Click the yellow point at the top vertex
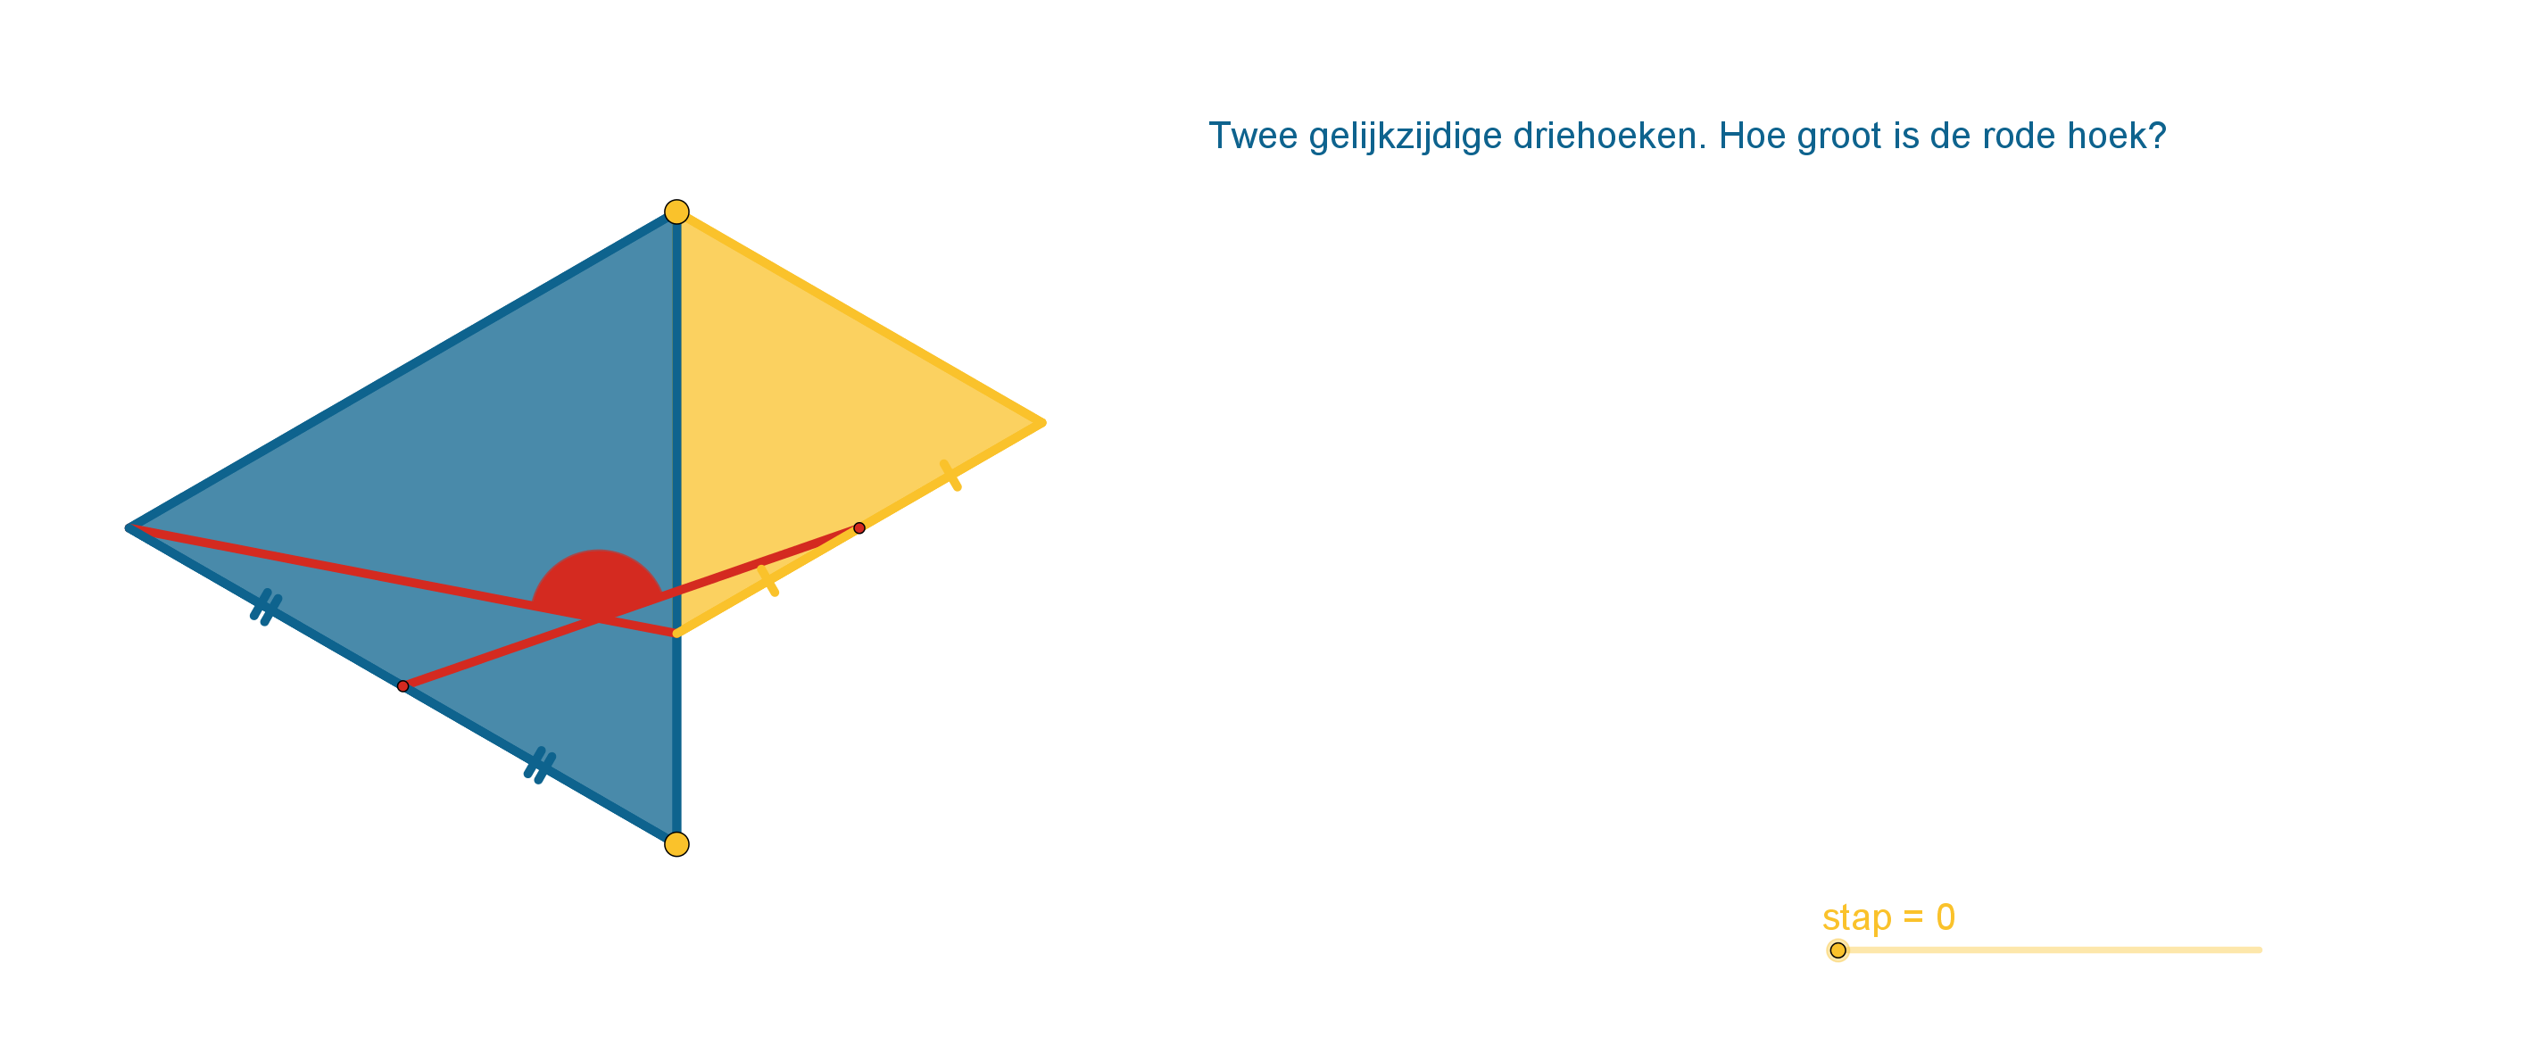[676, 212]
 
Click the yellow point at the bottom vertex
[676, 844]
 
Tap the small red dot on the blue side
[402, 686]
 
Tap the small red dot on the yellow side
[859, 528]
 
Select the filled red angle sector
[597, 584]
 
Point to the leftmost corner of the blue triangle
[129, 528]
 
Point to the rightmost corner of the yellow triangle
[1042, 423]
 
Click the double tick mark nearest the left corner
[266, 608]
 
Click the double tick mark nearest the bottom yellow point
[539, 766]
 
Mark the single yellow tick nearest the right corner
[950, 476]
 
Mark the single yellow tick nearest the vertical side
[768, 580]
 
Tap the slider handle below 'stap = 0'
[1838, 950]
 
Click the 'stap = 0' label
[1888, 917]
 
